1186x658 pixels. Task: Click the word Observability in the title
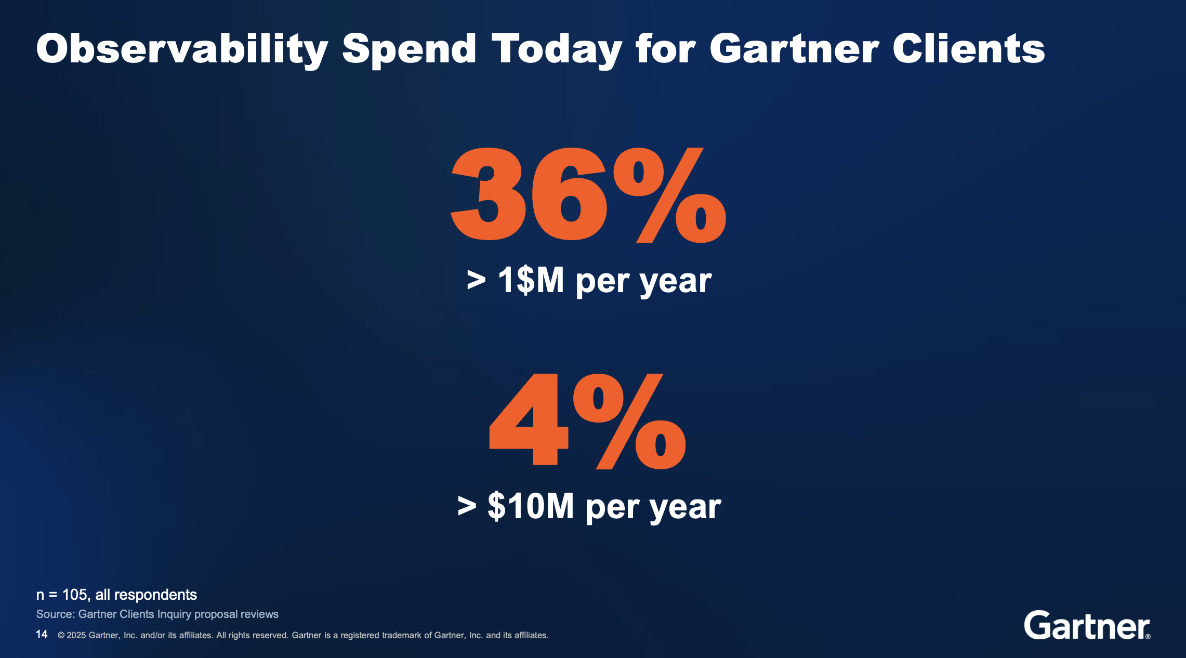(182, 49)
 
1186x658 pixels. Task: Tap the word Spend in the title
(409, 49)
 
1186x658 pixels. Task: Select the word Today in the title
(557, 49)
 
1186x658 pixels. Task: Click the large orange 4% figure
(588, 421)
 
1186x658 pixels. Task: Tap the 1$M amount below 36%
(531, 281)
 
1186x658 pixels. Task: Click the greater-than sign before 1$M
(476, 281)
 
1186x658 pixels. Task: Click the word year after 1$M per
(676, 282)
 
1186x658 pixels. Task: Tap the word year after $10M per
(686, 507)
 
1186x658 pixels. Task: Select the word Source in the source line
(55, 614)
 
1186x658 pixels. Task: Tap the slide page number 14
(42, 635)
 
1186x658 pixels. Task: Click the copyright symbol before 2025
(61, 635)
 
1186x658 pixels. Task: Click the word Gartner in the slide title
(794, 49)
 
